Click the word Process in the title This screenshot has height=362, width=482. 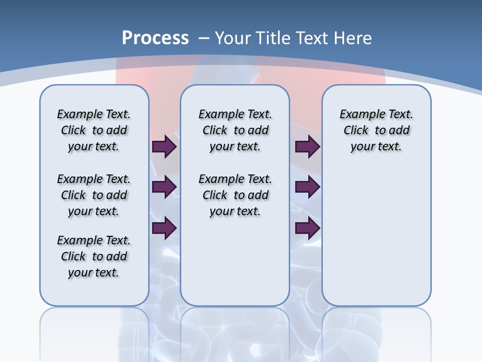coord(155,38)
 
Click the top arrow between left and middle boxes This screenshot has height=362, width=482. coord(164,146)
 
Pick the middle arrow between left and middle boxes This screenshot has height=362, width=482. coord(164,187)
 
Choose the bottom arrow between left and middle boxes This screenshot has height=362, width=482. coord(164,228)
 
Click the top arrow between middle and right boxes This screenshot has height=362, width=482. coord(307,146)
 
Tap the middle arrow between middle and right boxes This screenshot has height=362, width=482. coord(307,187)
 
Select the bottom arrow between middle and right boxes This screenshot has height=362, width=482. coord(307,228)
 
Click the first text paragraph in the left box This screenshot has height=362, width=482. coord(94,130)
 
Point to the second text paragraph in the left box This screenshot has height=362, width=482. coord(94,195)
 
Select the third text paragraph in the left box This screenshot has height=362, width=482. coord(94,256)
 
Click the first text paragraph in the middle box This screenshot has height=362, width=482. coord(235,130)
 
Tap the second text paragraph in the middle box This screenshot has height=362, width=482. coord(235,195)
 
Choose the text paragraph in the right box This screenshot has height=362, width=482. coord(376,130)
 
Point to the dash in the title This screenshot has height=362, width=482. coord(204,38)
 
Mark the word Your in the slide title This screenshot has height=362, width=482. coord(233,38)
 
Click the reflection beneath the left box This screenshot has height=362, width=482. coord(94,332)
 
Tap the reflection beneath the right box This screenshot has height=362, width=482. coord(376,332)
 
